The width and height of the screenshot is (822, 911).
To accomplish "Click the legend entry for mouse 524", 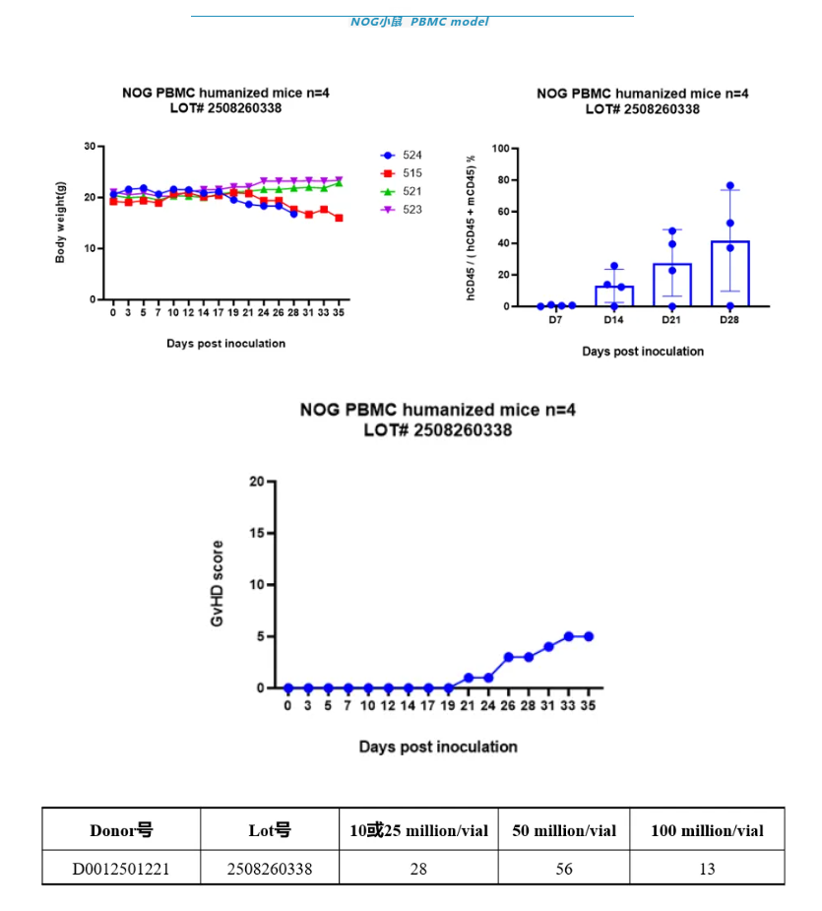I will pyautogui.click(x=401, y=156).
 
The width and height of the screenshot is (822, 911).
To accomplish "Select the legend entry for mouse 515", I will pyautogui.click(x=401, y=173).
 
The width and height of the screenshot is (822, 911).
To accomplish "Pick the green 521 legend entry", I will pyautogui.click(x=401, y=191).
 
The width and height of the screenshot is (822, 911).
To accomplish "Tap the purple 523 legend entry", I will pyautogui.click(x=401, y=209).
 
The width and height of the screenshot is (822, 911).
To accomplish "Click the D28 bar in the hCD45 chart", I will pyautogui.click(x=729, y=274).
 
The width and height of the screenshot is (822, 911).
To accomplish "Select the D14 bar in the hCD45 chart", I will pyautogui.click(x=614, y=295).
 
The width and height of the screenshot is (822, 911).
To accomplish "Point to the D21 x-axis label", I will pyautogui.click(x=672, y=321).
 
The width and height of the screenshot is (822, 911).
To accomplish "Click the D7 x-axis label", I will pyautogui.click(x=556, y=321).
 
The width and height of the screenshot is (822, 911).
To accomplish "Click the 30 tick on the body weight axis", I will pyautogui.click(x=91, y=147).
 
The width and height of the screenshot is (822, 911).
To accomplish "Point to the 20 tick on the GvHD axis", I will pyautogui.click(x=257, y=482).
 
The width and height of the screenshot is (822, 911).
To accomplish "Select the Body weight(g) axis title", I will pyautogui.click(x=60, y=223).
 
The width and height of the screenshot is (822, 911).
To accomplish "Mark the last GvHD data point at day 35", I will pyautogui.click(x=589, y=636).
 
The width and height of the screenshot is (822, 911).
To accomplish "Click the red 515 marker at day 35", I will pyautogui.click(x=339, y=218).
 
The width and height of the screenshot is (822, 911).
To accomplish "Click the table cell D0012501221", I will pyautogui.click(x=121, y=869).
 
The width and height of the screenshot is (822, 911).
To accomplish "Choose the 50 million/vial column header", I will pyautogui.click(x=564, y=830).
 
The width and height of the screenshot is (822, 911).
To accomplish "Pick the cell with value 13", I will pyautogui.click(x=707, y=869).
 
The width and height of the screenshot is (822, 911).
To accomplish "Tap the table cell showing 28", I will pyautogui.click(x=418, y=869).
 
